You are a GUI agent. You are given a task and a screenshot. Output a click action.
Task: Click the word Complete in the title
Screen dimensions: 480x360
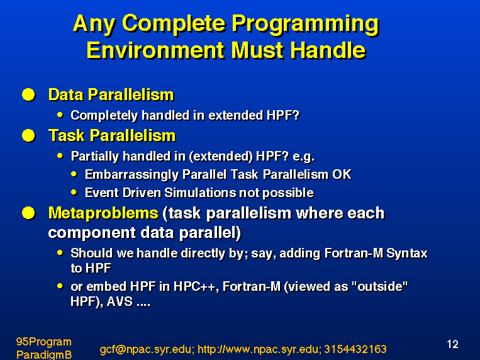(x=174, y=23)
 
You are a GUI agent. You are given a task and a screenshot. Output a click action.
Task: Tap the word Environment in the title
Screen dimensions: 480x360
(x=155, y=50)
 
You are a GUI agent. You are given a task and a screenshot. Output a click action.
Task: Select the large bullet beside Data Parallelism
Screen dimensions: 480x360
(x=28, y=94)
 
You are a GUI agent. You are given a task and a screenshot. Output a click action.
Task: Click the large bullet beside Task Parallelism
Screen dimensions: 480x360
(x=28, y=135)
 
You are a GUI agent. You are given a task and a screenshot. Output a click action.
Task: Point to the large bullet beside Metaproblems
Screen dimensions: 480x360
(x=28, y=213)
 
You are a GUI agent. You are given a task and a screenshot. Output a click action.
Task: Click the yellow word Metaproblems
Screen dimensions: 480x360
(x=103, y=213)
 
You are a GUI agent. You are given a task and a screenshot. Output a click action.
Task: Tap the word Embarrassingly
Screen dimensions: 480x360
(x=131, y=174)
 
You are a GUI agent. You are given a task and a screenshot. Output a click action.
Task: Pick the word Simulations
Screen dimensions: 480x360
(x=200, y=193)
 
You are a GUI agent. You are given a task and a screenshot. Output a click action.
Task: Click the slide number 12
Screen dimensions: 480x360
(x=452, y=344)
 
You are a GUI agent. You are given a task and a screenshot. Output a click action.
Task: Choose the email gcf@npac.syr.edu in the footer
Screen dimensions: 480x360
(x=147, y=349)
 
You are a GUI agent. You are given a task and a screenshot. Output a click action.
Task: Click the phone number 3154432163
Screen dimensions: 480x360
(x=355, y=349)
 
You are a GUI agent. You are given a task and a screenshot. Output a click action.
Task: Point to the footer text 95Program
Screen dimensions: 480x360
(x=44, y=342)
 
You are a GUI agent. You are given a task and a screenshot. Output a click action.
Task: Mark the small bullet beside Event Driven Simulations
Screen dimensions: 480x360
(x=74, y=193)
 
